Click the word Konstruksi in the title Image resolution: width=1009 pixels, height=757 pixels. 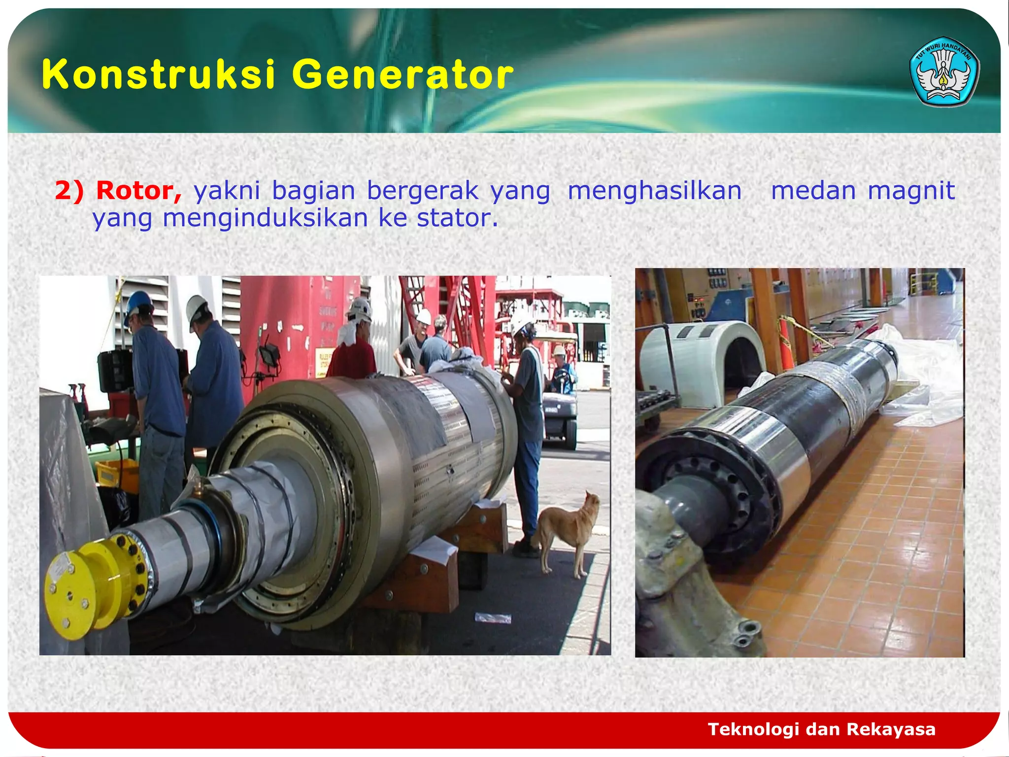click(x=158, y=75)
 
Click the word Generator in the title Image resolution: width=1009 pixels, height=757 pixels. click(x=403, y=75)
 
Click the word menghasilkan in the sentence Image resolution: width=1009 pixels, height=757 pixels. click(x=654, y=191)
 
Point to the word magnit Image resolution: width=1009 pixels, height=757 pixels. click(x=911, y=191)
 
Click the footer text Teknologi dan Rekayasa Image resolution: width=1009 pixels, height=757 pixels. click(x=821, y=729)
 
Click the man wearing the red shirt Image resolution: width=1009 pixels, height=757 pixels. click(x=353, y=352)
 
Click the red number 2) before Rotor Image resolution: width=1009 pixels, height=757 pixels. click(x=69, y=191)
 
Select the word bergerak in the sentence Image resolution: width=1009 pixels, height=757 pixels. click(x=422, y=191)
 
